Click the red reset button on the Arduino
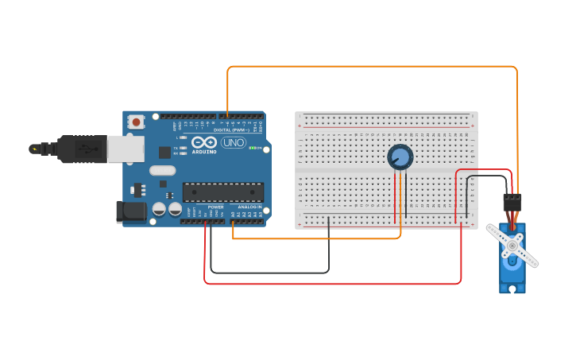click(137, 122)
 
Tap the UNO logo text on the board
click(234, 143)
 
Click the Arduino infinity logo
click(203, 141)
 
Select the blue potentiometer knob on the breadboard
click(400, 157)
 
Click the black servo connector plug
click(512, 201)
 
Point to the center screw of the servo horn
click(512, 246)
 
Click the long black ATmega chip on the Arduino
click(223, 192)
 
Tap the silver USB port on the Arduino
click(126, 149)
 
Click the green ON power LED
click(253, 148)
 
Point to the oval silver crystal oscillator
click(162, 169)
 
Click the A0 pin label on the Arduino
click(233, 214)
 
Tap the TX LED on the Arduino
click(184, 148)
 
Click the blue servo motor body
click(512, 270)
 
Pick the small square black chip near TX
click(164, 152)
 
